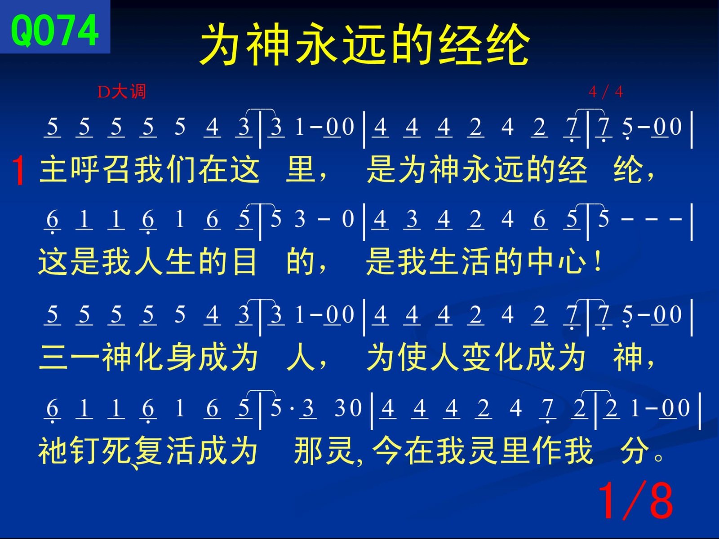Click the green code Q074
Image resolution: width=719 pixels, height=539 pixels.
[55, 31]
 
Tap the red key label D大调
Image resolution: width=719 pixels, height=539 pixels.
[121, 92]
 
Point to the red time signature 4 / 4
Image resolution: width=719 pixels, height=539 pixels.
[606, 92]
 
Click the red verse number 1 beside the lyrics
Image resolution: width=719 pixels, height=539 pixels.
[18, 171]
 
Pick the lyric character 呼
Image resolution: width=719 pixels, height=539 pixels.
[85, 169]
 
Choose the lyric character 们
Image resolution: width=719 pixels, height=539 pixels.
[181, 169]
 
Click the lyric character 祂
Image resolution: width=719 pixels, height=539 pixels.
[53, 451]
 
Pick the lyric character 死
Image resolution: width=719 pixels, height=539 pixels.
[117, 451]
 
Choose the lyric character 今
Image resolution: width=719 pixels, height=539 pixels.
[387, 451]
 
